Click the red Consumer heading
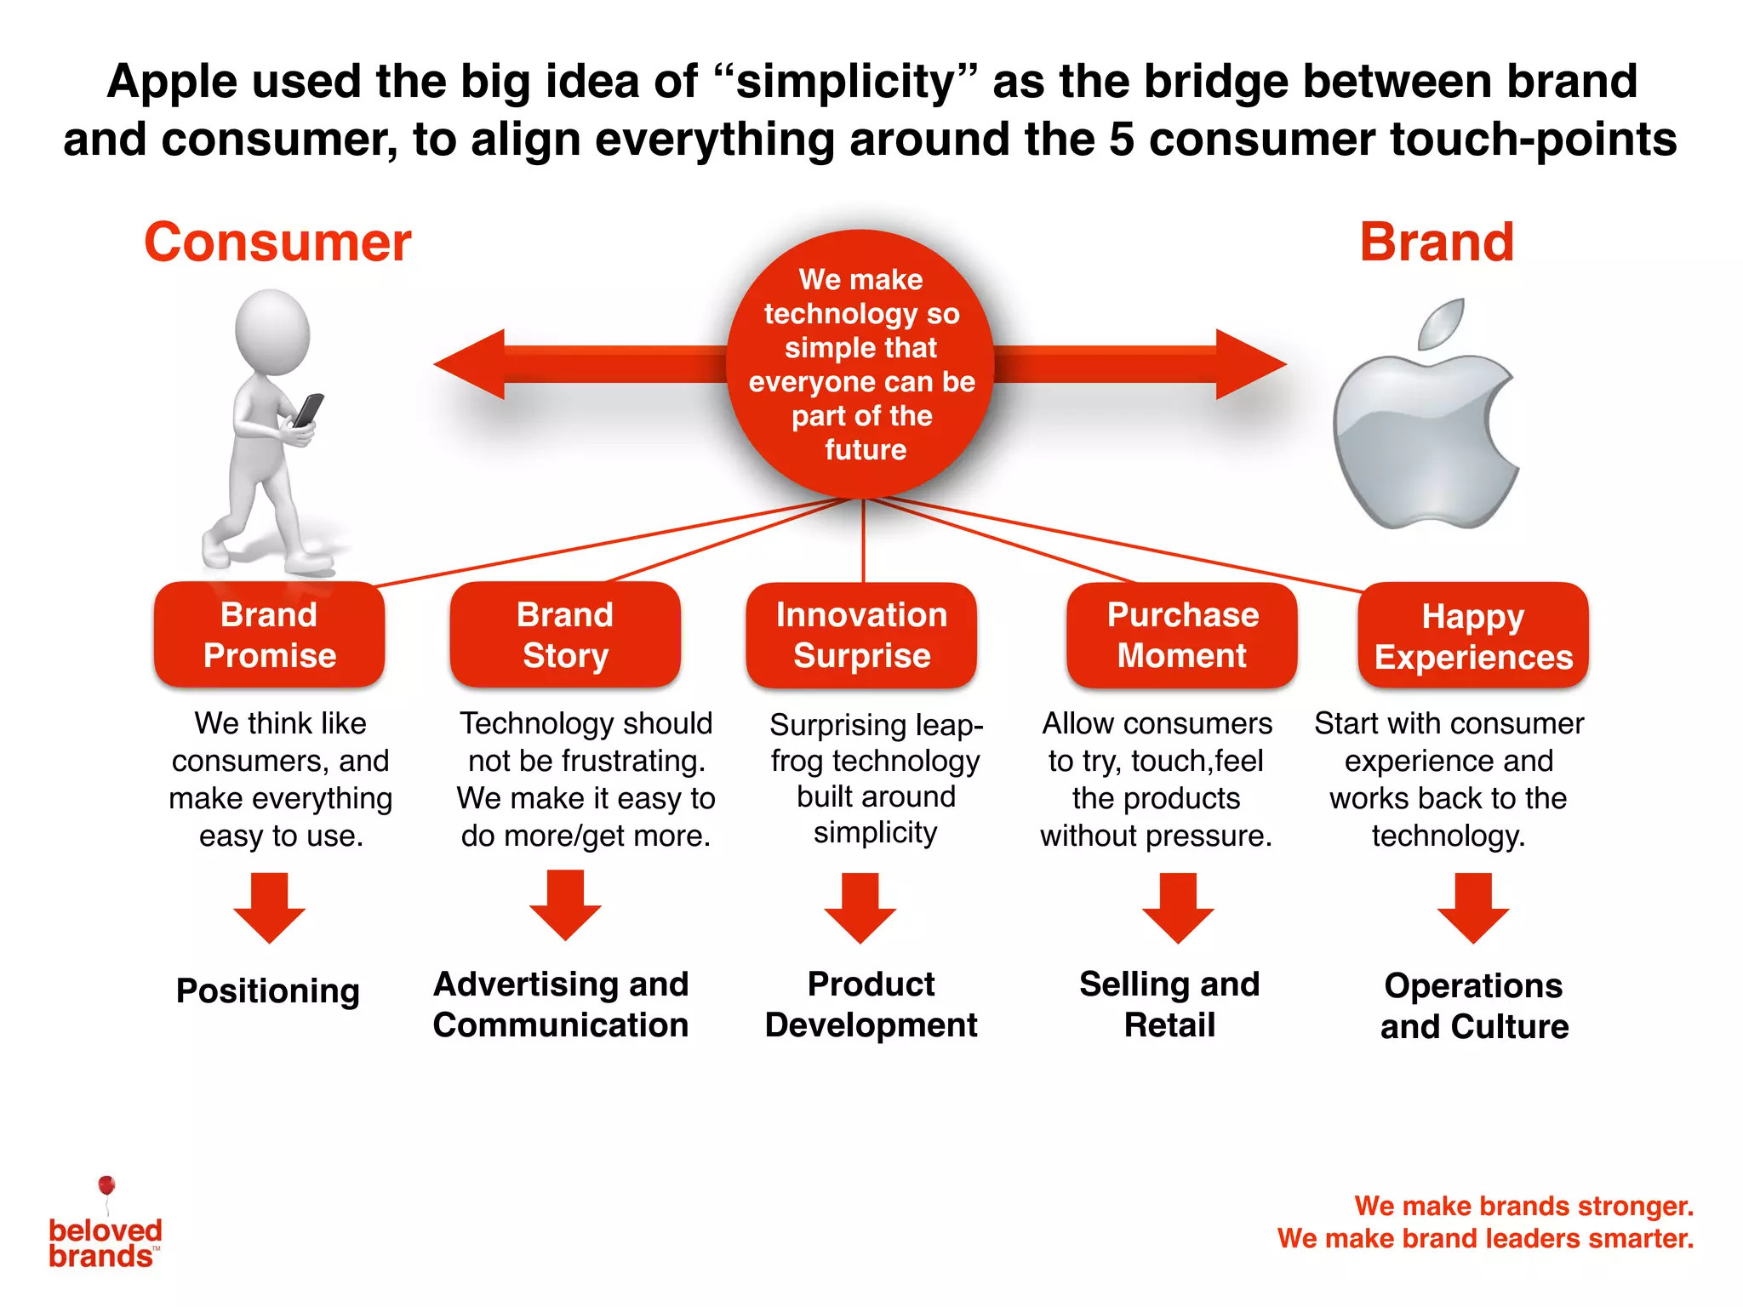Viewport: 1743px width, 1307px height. click(x=277, y=243)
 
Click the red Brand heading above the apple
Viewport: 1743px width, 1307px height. click(x=1437, y=243)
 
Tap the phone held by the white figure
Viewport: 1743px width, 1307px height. click(x=307, y=410)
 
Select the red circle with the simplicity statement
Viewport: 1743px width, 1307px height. click(x=861, y=364)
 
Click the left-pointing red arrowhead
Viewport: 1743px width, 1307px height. click(x=472, y=364)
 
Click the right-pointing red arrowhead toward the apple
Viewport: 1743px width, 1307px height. click(x=1249, y=364)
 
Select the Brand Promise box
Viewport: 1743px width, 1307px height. click(x=269, y=635)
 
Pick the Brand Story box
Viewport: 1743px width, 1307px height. click(x=565, y=635)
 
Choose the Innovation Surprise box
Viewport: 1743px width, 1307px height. click(x=861, y=635)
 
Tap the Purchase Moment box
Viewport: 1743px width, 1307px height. click(x=1182, y=635)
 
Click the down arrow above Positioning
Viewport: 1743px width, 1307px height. click(x=270, y=909)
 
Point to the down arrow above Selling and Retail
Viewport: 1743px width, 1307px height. click(x=1178, y=909)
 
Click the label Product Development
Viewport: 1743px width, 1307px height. click(x=871, y=1004)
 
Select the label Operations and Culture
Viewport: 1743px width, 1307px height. click(x=1474, y=1006)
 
